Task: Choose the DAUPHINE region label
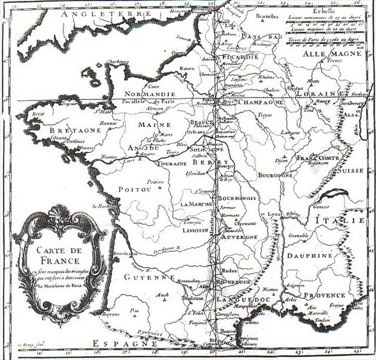point(310,256)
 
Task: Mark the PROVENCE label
point(324,295)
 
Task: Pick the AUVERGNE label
point(239,237)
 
